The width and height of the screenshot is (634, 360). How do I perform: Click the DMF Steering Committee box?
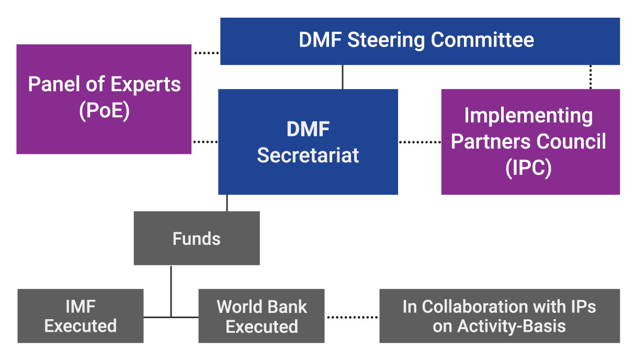pyautogui.click(x=420, y=41)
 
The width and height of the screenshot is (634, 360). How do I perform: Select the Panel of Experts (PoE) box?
pyautogui.click(x=104, y=99)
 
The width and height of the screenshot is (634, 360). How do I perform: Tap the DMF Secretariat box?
pyautogui.click(x=308, y=142)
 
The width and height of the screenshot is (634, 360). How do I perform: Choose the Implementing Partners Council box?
pyautogui.click(x=530, y=142)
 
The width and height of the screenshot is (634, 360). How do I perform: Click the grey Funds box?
pyautogui.click(x=197, y=239)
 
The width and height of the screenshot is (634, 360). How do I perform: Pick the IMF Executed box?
pyautogui.click(x=80, y=316)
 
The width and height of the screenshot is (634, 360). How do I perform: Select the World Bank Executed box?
pyautogui.click(x=261, y=316)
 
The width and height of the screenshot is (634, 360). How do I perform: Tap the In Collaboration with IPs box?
pyautogui.click(x=499, y=316)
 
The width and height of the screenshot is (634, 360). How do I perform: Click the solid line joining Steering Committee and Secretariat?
pyautogui.click(x=343, y=77)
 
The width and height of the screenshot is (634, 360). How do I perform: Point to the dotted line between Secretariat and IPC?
pyautogui.click(x=420, y=142)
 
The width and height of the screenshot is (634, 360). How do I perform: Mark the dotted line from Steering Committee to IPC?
pyautogui.click(x=591, y=77)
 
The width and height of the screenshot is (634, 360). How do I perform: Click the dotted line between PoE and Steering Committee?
pyautogui.click(x=206, y=53)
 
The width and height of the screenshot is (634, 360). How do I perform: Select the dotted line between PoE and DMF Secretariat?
pyautogui.click(x=205, y=142)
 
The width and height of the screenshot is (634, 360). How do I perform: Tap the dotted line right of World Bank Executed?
pyautogui.click(x=352, y=317)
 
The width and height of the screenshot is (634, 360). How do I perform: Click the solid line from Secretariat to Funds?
pyautogui.click(x=227, y=203)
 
